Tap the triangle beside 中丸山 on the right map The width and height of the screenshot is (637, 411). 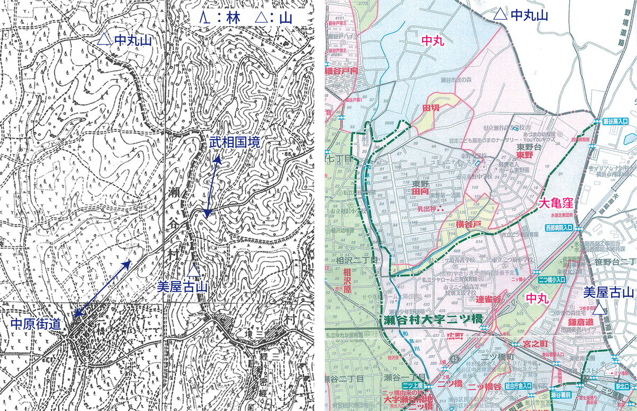click(499, 15)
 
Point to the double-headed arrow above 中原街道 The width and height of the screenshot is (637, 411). click(102, 289)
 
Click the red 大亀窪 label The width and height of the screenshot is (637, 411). click(557, 203)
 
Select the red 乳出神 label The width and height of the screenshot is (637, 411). click(426, 209)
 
